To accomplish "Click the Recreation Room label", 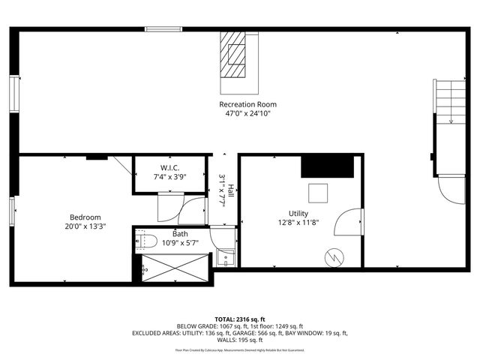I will (x=247, y=104).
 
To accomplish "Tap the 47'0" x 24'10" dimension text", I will (x=247, y=114).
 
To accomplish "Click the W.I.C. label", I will (x=170, y=167).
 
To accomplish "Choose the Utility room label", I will (x=298, y=213).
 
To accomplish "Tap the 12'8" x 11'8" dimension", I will (x=298, y=223).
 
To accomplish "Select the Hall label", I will (x=231, y=190).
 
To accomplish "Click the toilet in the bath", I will (x=145, y=241).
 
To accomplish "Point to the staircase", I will (x=449, y=105).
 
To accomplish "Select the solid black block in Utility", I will (x=327, y=166).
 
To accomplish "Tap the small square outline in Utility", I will (x=318, y=193).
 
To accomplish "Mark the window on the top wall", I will (x=163, y=30).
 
